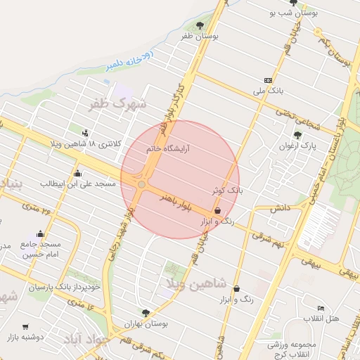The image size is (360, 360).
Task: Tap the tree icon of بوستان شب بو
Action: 293,4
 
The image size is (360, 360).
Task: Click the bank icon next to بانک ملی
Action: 268,80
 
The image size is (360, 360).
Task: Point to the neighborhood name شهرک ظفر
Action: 117,104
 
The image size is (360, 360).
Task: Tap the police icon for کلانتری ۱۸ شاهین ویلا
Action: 86,132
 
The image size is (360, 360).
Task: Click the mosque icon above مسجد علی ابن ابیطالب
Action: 77,173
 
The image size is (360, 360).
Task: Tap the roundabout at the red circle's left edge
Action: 142,184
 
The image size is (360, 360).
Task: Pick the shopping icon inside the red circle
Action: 217,210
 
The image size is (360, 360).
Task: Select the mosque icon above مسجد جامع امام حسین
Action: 41,234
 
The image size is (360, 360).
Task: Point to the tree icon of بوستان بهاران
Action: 146,312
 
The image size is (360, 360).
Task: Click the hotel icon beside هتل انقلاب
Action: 321,308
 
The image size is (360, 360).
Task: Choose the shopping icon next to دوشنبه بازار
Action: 26,327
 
